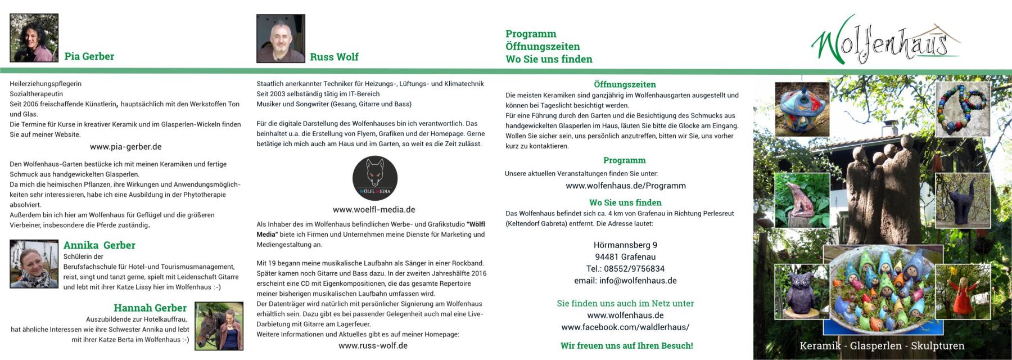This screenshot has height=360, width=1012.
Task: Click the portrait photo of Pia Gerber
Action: pyautogui.click(x=34, y=38)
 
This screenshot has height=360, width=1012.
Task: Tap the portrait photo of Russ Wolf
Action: pyautogui.click(x=281, y=38)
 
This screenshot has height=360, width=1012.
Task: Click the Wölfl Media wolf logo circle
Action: pyautogui.click(x=375, y=178)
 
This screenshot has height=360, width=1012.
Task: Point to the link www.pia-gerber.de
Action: pyautogui.click(x=125, y=147)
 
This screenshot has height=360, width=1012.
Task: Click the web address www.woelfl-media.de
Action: pyautogui.click(x=374, y=209)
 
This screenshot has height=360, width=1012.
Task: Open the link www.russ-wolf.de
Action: pyautogui.click(x=373, y=345)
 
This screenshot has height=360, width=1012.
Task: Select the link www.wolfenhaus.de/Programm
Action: pyautogui.click(x=625, y=186)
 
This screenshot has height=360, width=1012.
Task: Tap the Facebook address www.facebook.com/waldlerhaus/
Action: pyautogui.click(x=625, y=327)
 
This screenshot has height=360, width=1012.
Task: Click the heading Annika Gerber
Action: pyautogui.click(x=99, y=245)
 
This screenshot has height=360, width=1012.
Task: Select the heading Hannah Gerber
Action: pyautogui.click(x=150, y=308)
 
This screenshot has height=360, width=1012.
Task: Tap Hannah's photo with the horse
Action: pyautogui.click(x=219, y=326)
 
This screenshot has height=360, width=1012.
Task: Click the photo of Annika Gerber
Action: pyautogui.click(x=34, y=264)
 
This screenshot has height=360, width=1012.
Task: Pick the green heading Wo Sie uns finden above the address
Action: pyautogui.click(x=625, y=202)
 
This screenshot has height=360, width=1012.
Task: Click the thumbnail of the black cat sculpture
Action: pyautogui.click(x=963, y=201)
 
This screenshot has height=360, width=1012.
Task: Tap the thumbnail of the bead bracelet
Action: pyautogui.click(x=963, y=109)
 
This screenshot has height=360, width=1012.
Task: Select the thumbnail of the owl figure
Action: pyautogui.click(x=798, y=291)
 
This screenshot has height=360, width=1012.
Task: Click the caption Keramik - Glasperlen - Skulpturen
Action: pyautogui.click(x=882, y=345)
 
